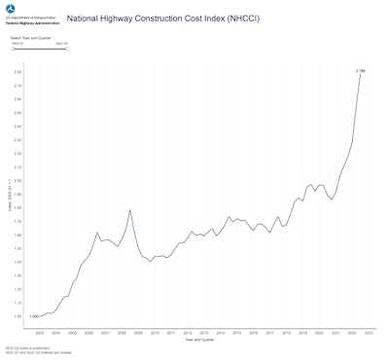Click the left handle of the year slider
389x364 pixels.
[13, 49]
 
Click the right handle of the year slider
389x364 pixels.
[67, 49]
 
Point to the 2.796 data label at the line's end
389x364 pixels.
[360, 70]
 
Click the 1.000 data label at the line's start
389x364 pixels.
[34, 316]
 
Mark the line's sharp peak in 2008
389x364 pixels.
[130, 210]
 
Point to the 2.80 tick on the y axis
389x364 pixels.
[18, 71]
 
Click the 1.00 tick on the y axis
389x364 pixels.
[18, 316]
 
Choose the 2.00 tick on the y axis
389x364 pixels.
[18, 180]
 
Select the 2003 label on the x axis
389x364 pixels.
[39, 333]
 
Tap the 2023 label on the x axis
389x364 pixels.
[369, 333]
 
